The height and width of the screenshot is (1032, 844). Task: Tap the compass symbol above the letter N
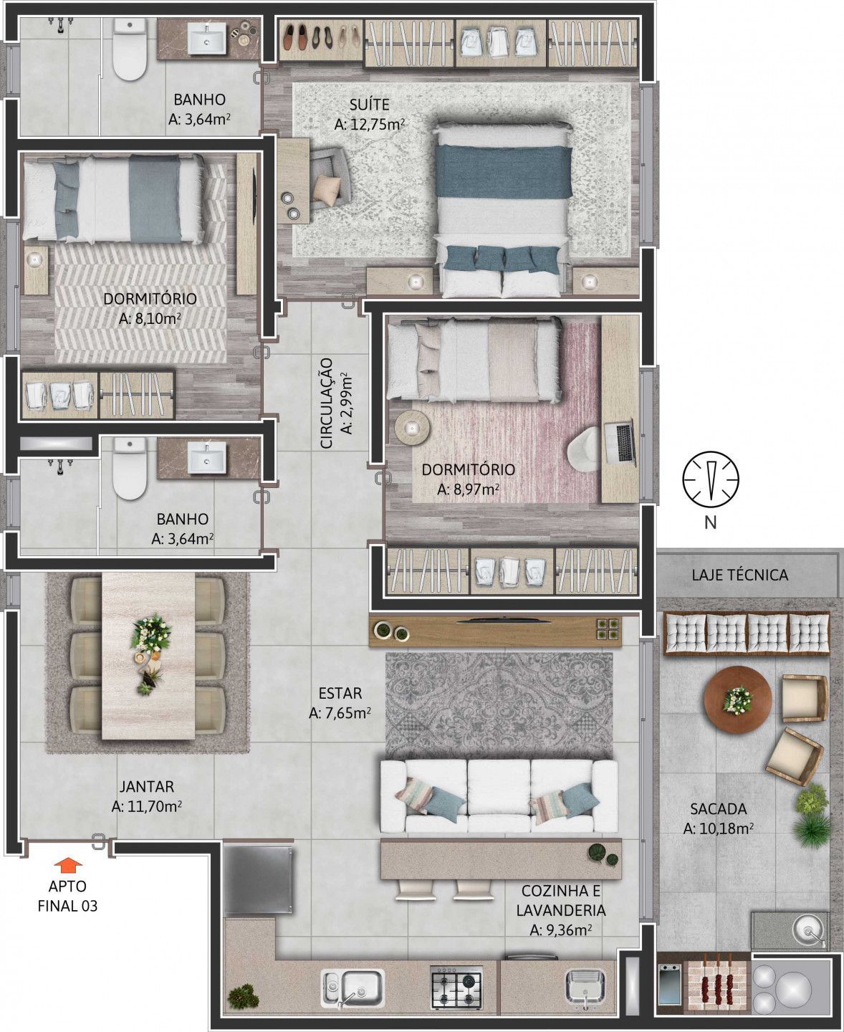711,479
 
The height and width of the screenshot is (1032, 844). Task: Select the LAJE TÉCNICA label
740,575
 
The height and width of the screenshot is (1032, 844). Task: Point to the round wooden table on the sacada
738,699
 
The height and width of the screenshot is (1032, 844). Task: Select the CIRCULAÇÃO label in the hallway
326,403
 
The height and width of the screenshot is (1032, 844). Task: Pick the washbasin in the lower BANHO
208,457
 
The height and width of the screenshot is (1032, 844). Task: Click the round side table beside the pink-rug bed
413,427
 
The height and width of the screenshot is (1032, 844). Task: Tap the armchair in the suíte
328,177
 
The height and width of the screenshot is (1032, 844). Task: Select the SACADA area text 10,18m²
718,829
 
